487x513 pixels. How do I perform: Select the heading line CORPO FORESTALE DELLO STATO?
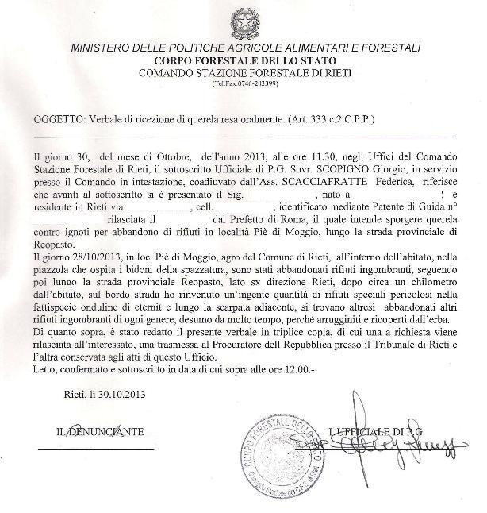click(x=245, y=60)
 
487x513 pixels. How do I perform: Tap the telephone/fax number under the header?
click(x=245, y=84)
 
